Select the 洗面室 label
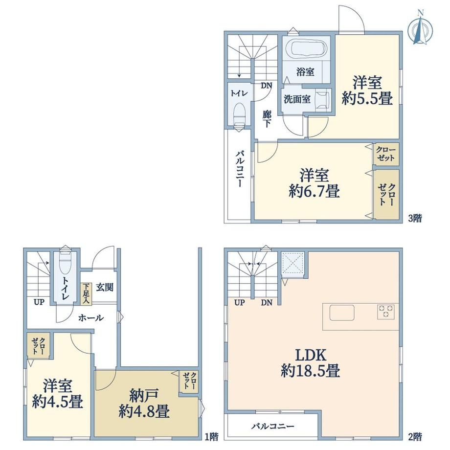pyautogui.click(x=297, y=99)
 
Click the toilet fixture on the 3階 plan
pyautogui.click(x=239, y=114)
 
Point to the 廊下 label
pyautogui.click(x=267, y=119)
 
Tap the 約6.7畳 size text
pyautogui.click(x=314, y=191)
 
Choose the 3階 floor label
pyautogui.click(x=415, y=219)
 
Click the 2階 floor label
pyautogui.click(x=415, y=437)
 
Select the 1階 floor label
pyautogui.click(x=211, y=437)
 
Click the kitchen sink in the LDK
pyautogui.click(x=342, y=313)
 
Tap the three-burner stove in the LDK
pyautogui.click(x=386, y=312)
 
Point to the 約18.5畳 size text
pyautogui.click(x=311, y=370)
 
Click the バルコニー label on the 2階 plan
pyautogui.click(x=272, y=427)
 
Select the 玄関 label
pyautogui.click(x=105, y=287)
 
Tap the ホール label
pyautogui.click(x=90, y=318)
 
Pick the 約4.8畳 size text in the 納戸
pyautogui.click(x=144, y=411)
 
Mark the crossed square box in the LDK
pyautogui.click(x=292, y=263)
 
